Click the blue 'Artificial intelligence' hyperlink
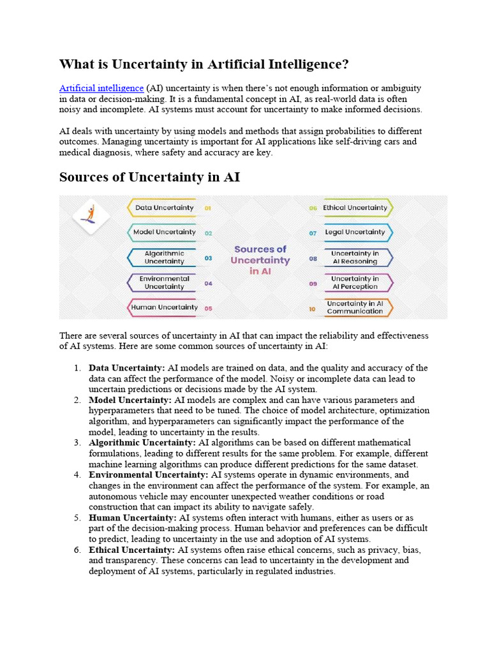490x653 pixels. [x=101, y=88]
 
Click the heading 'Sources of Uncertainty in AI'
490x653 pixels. [x=149, y=177]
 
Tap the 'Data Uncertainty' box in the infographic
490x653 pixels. [x=164, y=208]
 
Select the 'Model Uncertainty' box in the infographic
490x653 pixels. [x=164, y=233]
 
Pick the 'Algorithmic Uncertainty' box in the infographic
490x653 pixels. [x=164, y=258]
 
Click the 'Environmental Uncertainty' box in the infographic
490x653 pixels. [x=164, y=282]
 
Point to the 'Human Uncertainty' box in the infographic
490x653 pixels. [x=164, y=307]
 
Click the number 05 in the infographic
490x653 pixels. [x=208, y=309]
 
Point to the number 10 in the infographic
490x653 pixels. [x=313, y=309]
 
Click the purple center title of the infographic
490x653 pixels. [x=260, y=260]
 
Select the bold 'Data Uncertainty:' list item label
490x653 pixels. [x=126, y=368]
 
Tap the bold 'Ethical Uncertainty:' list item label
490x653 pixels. [x=131, y=550]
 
